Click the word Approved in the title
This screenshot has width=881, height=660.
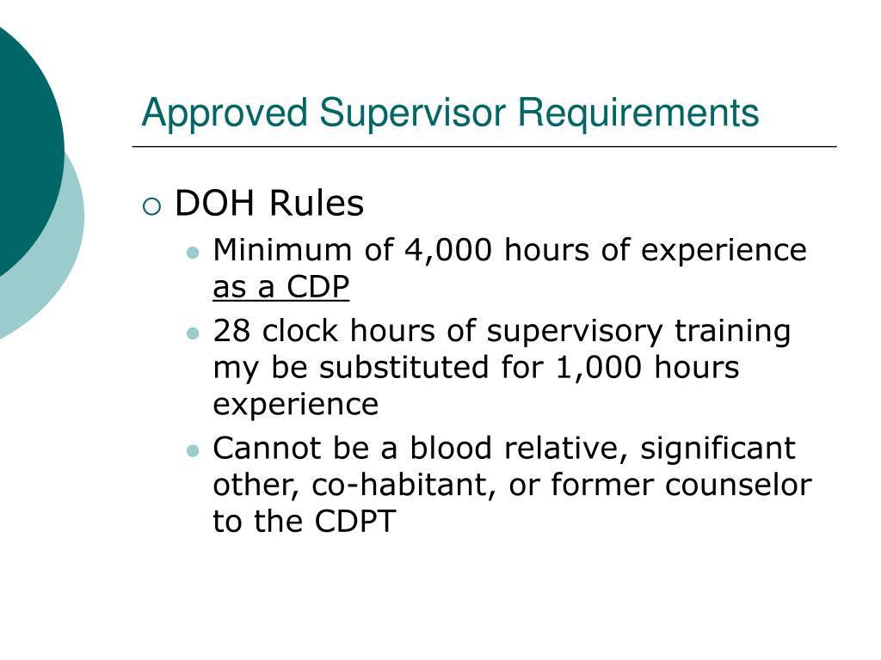coord(225,114)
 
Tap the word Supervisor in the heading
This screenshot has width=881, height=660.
coord(413,113)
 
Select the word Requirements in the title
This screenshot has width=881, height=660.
coord(638,114)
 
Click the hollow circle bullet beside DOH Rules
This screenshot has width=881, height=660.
coord(151,206)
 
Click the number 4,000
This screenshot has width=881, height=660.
coord(448,250)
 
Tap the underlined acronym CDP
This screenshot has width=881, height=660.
coord(318,286)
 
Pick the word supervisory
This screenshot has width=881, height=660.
coord(575,333)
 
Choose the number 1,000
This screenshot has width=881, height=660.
coord(599,368)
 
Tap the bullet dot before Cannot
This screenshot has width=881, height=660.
coord(193,450)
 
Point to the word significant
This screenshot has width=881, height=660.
coord(718,449)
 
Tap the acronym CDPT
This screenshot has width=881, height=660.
coord(355,522)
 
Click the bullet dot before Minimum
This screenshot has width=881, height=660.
coord(193,253)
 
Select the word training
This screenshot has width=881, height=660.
coord(733,333)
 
